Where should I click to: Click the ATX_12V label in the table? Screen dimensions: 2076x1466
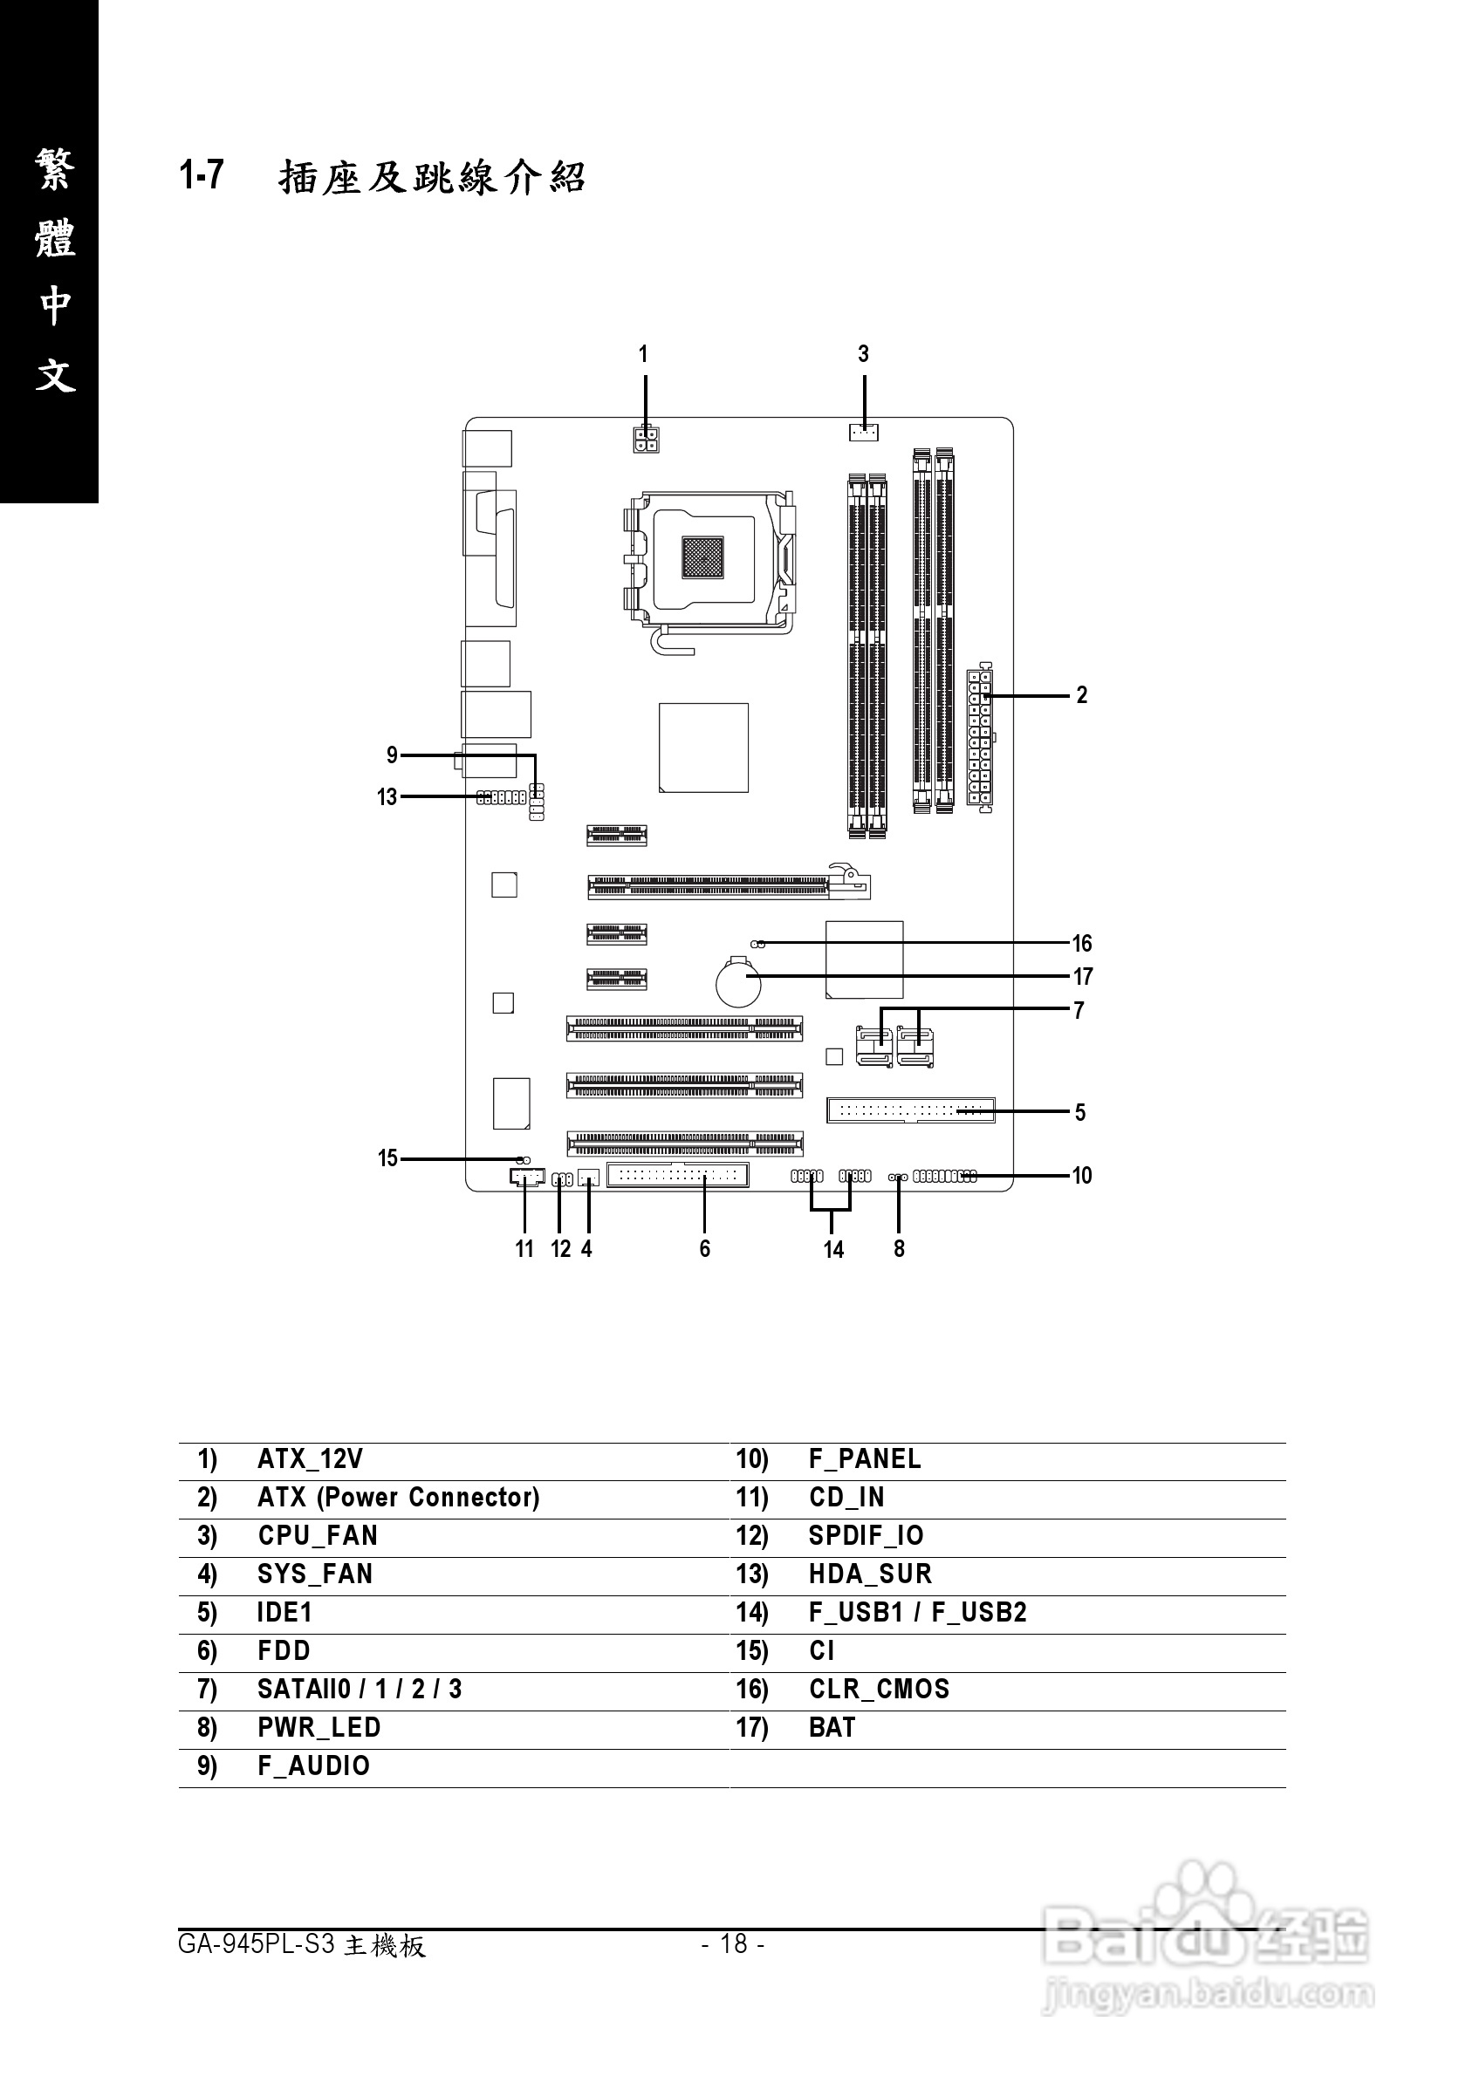[309, 1458]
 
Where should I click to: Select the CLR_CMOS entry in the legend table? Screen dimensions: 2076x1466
[879, 1688]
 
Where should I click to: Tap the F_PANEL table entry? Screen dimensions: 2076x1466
[865, 1458]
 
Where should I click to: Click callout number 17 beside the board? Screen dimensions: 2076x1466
[1083, 977]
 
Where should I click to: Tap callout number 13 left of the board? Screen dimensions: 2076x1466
[387, 796]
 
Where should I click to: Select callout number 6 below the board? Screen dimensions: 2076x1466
[704, 1249]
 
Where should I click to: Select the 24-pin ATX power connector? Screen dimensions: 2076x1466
[979, 737]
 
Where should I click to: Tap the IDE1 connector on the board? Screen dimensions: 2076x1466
[910, 1110]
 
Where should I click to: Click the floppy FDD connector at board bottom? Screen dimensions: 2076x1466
[677, 1176]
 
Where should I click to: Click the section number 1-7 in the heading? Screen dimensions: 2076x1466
[202, 174]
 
